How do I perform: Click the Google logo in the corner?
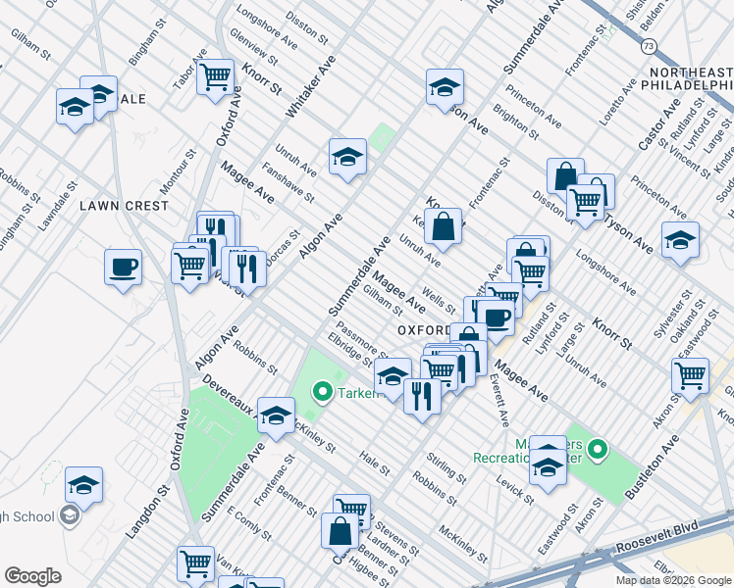[32, 576]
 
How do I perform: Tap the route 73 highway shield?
[648, 46]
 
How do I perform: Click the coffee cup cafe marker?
[124, 268]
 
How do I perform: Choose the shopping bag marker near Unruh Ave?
[444, 225]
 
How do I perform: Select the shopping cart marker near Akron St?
[691, 374]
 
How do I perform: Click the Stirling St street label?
[446, 466]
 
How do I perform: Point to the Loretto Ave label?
[621, 88]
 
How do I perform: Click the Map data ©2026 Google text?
[672, 580]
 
